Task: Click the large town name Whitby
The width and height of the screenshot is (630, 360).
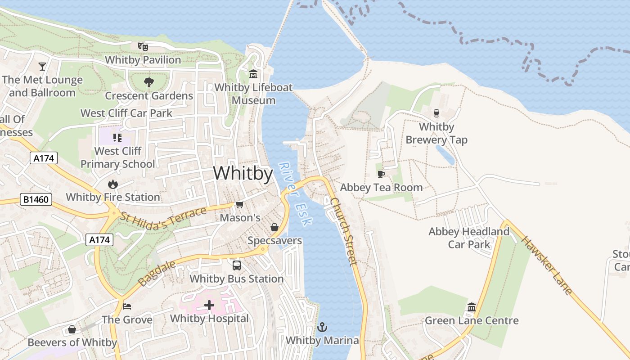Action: click(243, 173)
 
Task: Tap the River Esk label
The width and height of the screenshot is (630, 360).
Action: click(295, 194)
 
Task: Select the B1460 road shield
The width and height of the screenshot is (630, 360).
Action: click(36, 199)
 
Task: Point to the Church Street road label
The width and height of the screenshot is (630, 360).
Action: click(344, 232)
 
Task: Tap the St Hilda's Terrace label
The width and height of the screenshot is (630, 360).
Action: click(162, 218)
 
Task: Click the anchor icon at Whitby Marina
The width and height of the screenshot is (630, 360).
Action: click(322, 327)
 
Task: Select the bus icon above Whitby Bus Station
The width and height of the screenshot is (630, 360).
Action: click(237, 265)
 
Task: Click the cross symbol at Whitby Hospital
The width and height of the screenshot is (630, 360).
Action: click(209, 306)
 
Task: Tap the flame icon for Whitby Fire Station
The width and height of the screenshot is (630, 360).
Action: click(112, 184)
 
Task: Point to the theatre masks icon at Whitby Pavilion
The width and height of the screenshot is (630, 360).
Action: click(143, 46)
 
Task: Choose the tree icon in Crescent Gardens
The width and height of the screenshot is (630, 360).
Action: click(148, 82)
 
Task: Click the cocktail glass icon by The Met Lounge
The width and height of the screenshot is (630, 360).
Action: click(42, 67)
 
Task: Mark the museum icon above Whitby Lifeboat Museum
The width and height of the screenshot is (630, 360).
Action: click(253, 74)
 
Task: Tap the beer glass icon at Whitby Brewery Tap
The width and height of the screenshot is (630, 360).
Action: click(436, 113)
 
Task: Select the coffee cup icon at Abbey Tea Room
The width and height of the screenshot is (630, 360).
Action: click(381, 174)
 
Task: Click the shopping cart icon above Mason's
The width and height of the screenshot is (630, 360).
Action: click(240, 205)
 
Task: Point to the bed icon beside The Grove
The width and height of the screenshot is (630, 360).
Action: click(127, 306)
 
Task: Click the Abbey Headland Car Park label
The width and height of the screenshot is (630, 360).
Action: click(469, 238)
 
